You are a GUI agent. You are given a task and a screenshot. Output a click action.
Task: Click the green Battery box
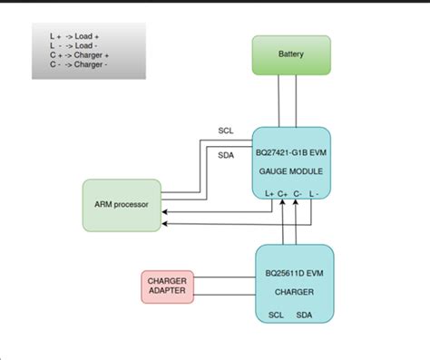[291, 54]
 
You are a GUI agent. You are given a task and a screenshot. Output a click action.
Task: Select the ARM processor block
[122, 205]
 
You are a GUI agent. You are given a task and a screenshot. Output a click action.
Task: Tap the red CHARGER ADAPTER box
[167, 287]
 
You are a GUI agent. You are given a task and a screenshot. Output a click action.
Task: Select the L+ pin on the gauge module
[269, 193]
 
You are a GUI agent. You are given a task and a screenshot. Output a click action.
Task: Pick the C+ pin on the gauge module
[283, 193]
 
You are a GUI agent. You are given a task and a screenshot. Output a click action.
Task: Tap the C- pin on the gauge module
[297, 193]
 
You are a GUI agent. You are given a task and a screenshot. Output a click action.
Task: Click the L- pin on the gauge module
[313, 193]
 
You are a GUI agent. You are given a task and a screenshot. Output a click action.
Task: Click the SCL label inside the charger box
[276, 316]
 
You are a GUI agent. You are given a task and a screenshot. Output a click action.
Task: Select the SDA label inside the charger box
[305, 316]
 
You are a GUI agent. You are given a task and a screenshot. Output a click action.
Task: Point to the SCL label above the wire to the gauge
[226, 130]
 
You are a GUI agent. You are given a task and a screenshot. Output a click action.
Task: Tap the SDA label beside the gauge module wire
[226, 155]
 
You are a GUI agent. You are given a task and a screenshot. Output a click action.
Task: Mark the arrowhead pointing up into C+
[283, 203]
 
